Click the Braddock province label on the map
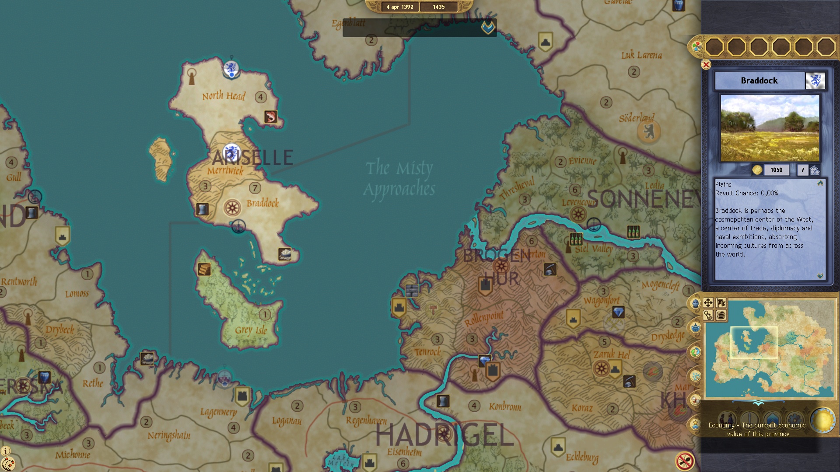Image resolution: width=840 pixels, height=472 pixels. coord(262,203)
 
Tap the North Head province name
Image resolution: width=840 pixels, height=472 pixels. coord(224,96)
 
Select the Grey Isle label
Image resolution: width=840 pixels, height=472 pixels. coord(251,330)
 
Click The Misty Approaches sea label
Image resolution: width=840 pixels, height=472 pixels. coord(399,178)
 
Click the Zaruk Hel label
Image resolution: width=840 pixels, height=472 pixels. coord(611,354)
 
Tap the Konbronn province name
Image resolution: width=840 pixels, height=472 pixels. coord(505,406)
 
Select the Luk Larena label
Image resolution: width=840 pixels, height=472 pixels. coord(641,55)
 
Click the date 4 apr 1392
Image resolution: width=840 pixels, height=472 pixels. coord(399,7)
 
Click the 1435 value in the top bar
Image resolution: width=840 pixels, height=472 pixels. coord(438,7)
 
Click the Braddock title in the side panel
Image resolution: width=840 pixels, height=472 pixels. coord(759,81)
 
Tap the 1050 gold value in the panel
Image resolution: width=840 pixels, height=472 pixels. coord(776,170)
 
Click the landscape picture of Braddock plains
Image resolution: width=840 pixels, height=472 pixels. coord(770,128)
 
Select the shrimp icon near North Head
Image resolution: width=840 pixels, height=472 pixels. coord(270,117)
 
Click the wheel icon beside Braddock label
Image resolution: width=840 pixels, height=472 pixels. coord(232,207)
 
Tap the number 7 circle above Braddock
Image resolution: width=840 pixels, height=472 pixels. coord(255,188)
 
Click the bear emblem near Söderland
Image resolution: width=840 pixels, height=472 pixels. coord(648,131)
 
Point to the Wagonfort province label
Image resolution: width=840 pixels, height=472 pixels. coord(601,301)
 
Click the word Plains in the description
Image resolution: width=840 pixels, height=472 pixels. coord(723,184)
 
